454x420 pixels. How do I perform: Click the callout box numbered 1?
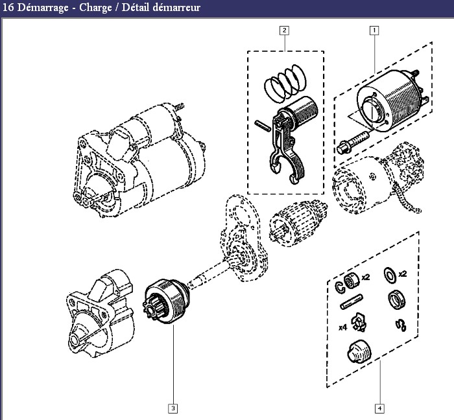coord(374,30)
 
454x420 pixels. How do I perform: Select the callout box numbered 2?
coord(284,30)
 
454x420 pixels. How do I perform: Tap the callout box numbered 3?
coord(173,408)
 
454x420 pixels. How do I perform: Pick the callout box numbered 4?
coord(379,408)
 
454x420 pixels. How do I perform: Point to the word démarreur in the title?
coord(176,8)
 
